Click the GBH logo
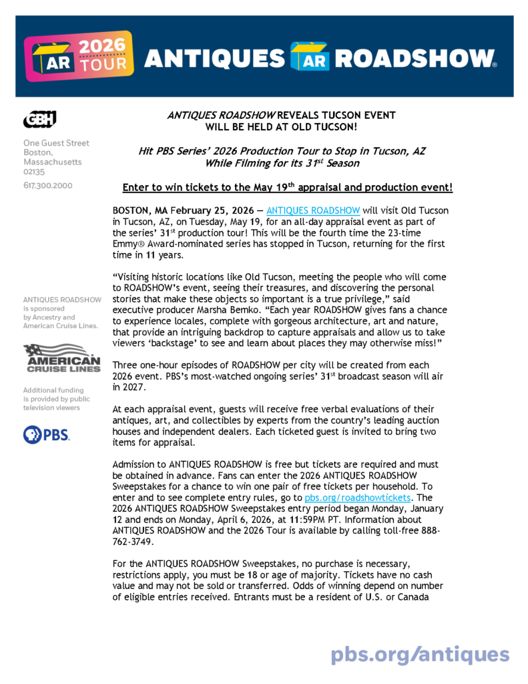(x=39, y=120)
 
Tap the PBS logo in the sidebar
(x=46, y=435)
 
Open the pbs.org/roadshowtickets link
(x=357, y=498)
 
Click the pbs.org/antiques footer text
(x=420, y=653)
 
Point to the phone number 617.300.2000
(x=48, y=185)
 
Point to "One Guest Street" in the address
(x=56, y=143)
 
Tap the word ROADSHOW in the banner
(x=415, y=59)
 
